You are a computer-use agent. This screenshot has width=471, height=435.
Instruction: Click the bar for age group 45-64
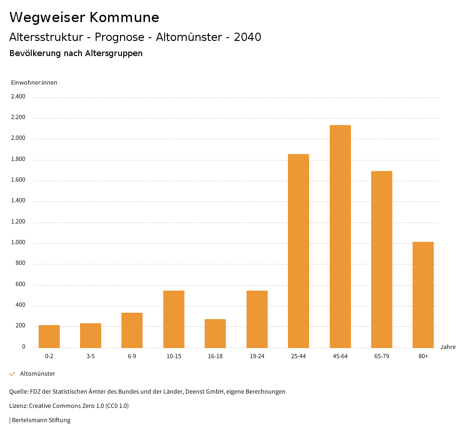tap(340, 236)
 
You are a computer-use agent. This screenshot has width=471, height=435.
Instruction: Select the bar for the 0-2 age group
tap(49, 337)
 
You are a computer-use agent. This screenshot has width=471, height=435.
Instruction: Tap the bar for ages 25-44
tap(299, 251)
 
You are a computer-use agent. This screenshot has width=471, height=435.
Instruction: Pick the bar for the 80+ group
tap(423, 295)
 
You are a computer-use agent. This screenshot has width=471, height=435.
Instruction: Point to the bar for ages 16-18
tap(215, 333)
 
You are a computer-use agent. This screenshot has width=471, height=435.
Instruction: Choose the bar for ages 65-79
tap(382, 259)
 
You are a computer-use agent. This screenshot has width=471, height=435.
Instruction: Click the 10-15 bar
tap(174, 319)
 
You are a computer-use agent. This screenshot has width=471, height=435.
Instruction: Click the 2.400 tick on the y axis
tap(18, 97)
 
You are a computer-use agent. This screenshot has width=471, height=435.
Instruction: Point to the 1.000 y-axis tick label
tap(18, 243)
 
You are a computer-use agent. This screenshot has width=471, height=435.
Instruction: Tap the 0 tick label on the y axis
tap(23, 347)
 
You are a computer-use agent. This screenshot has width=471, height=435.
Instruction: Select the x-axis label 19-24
tap(257, 356)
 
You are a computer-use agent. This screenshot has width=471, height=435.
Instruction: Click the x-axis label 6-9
tap(132, 356)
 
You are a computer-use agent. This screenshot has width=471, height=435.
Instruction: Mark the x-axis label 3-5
tap(91, 356)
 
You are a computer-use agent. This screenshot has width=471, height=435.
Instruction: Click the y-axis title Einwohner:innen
tap(34, 83)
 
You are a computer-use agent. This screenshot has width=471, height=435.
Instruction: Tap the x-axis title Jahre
tap(448, 347)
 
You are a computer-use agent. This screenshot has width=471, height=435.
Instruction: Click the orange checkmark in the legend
tap(12, 374)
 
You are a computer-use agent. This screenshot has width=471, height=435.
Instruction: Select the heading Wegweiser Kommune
tap(84, 17)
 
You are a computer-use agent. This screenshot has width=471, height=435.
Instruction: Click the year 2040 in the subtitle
tap(247, 37)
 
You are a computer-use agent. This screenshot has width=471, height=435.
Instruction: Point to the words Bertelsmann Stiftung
tap(41, 420)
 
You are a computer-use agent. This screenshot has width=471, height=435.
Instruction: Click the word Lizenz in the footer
tap(18, 406)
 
